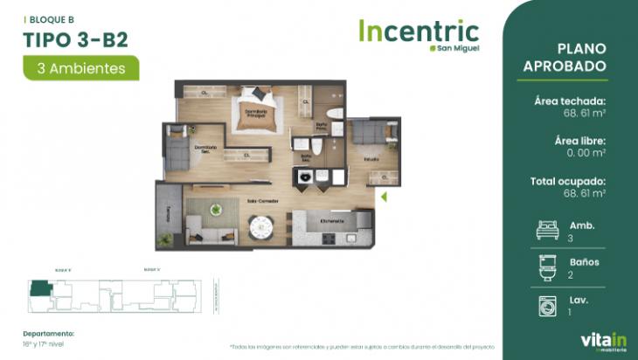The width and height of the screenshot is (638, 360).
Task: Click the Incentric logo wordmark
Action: [x=419, y=31]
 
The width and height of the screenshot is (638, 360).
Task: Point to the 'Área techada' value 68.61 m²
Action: [x=582, y=114]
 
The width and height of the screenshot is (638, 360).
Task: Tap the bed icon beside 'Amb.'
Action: [x=548, y=230]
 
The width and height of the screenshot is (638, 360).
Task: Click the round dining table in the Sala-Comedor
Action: [x=261, y=227]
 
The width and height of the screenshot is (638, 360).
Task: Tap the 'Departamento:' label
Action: [x=49, y=333]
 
